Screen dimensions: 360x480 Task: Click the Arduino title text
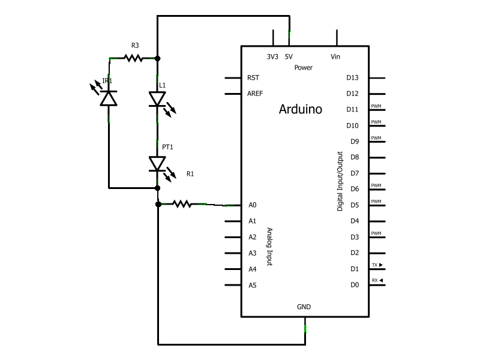(301, 110)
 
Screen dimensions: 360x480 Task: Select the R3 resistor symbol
(133, 58)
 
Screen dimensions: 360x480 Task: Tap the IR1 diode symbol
(109, 98)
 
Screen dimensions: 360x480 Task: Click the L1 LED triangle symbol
(157, 99)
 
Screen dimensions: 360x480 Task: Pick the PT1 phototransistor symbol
(157, 163)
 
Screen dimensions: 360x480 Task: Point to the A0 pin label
(252, 205)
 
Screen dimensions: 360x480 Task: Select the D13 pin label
(352, 77)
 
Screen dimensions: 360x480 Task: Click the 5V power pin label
(289, 57)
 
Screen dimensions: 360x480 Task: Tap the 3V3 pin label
(272, 57)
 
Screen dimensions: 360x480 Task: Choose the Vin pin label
(335, 57)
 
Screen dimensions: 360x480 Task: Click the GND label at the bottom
(304, 307)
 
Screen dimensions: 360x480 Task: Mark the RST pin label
(253, 78)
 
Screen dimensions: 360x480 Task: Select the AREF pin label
(254, 94)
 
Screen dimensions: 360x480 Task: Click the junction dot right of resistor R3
(157, 58)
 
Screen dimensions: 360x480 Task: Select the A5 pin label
(252, 285)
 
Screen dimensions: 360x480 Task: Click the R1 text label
(190, 174)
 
